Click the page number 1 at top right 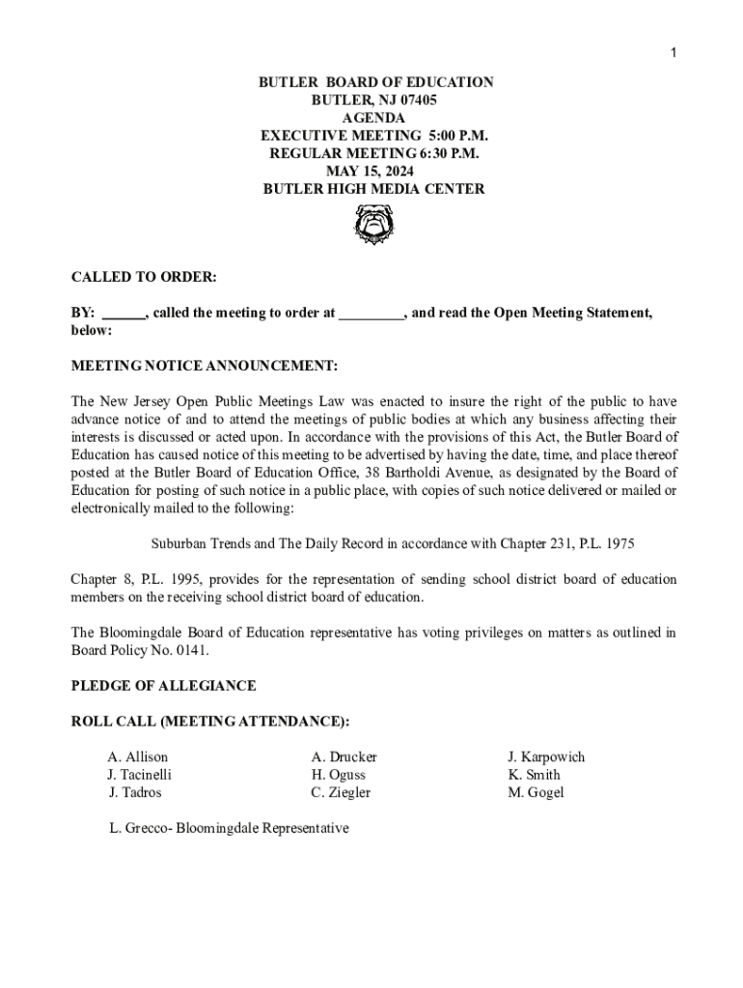[674, 53]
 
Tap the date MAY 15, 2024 [374, 172]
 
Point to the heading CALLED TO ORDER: [144, 278]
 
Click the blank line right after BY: [123, 315]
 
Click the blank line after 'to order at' [371, 315]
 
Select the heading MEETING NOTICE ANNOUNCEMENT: [205, 367]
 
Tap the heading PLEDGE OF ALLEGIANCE [164, 686]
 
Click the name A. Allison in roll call [138, 757]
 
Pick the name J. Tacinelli [140, 775]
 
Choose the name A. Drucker [344, 757]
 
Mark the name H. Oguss [339, 775]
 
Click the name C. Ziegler [341, 793]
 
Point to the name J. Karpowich [546, 757]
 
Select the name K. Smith [534, 775]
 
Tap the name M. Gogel [536, 793]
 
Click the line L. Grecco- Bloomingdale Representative [229, 829]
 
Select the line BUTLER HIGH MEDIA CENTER [374, 190]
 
